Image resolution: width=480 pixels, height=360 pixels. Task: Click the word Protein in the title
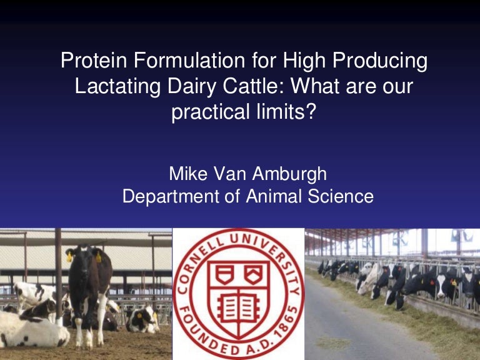pos(94,60)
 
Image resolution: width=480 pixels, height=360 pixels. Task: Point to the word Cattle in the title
pos(254,86)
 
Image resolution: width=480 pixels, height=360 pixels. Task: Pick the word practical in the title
pos(210,112)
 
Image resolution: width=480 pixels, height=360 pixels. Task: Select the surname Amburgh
pos(289,174)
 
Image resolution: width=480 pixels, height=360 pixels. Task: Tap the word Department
pos(171,197)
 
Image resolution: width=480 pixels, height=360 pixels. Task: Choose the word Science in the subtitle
pos(341,196)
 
